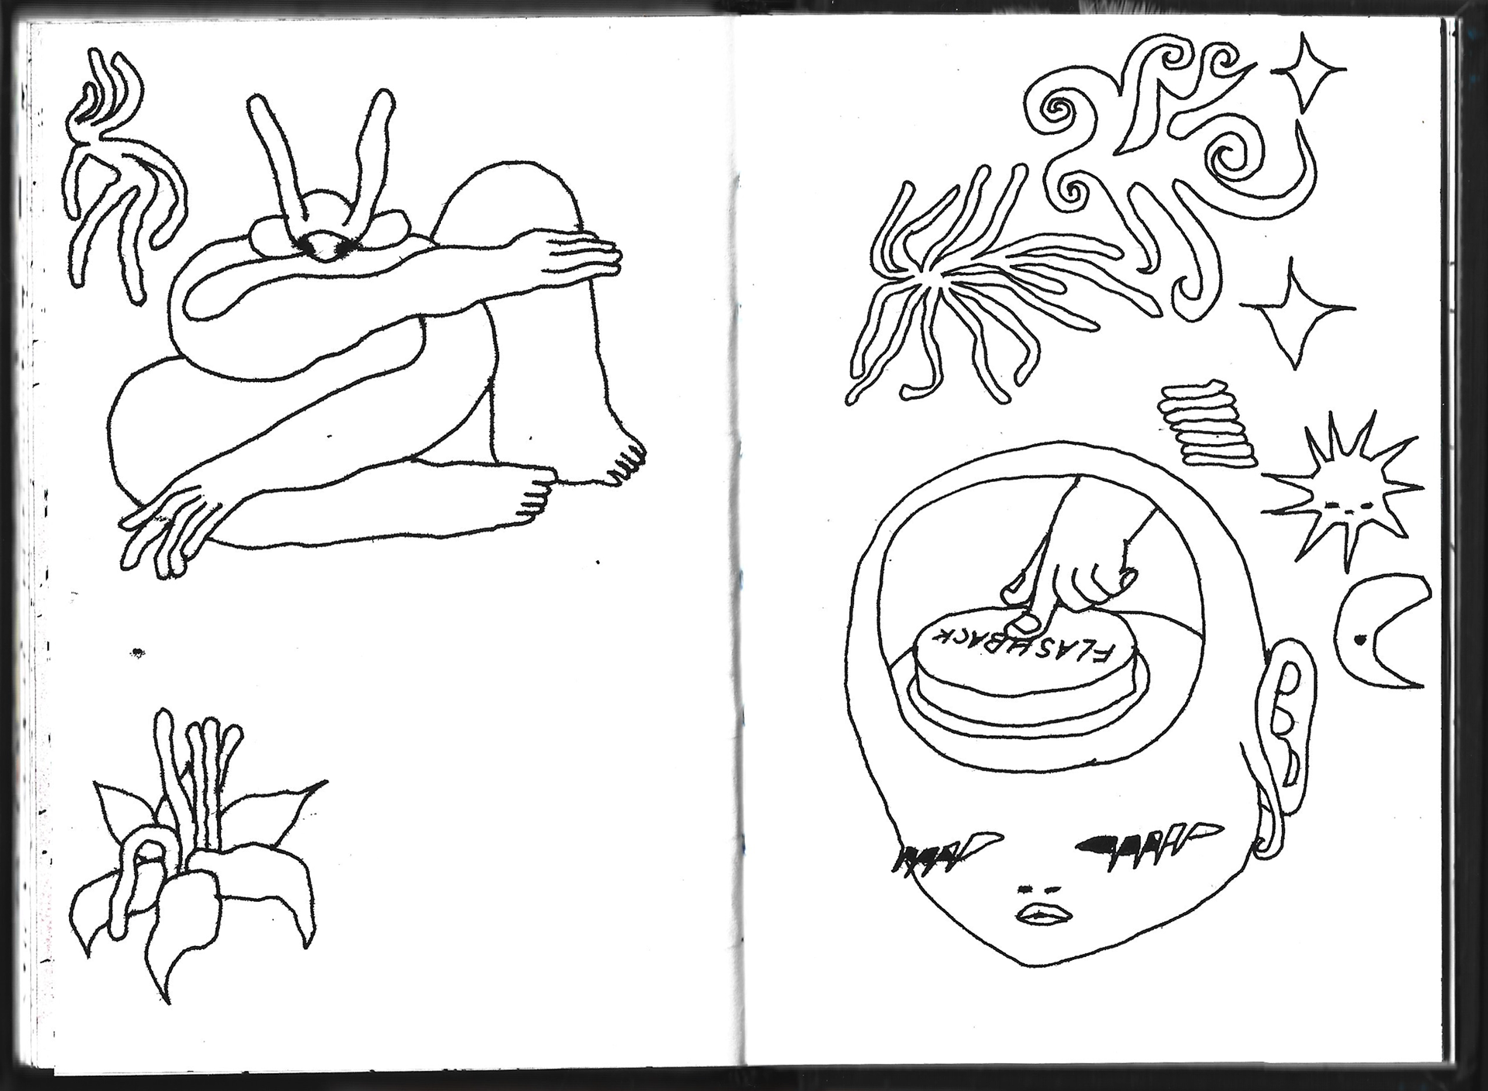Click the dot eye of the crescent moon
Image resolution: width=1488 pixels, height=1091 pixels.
[x=1359, y=640]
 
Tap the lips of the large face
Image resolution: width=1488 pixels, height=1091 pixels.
[x=1045, y=916]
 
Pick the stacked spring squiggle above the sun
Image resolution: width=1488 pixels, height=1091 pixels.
[x=1207, y=423]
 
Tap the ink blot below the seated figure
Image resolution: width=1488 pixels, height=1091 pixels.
[x=137, y=652]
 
